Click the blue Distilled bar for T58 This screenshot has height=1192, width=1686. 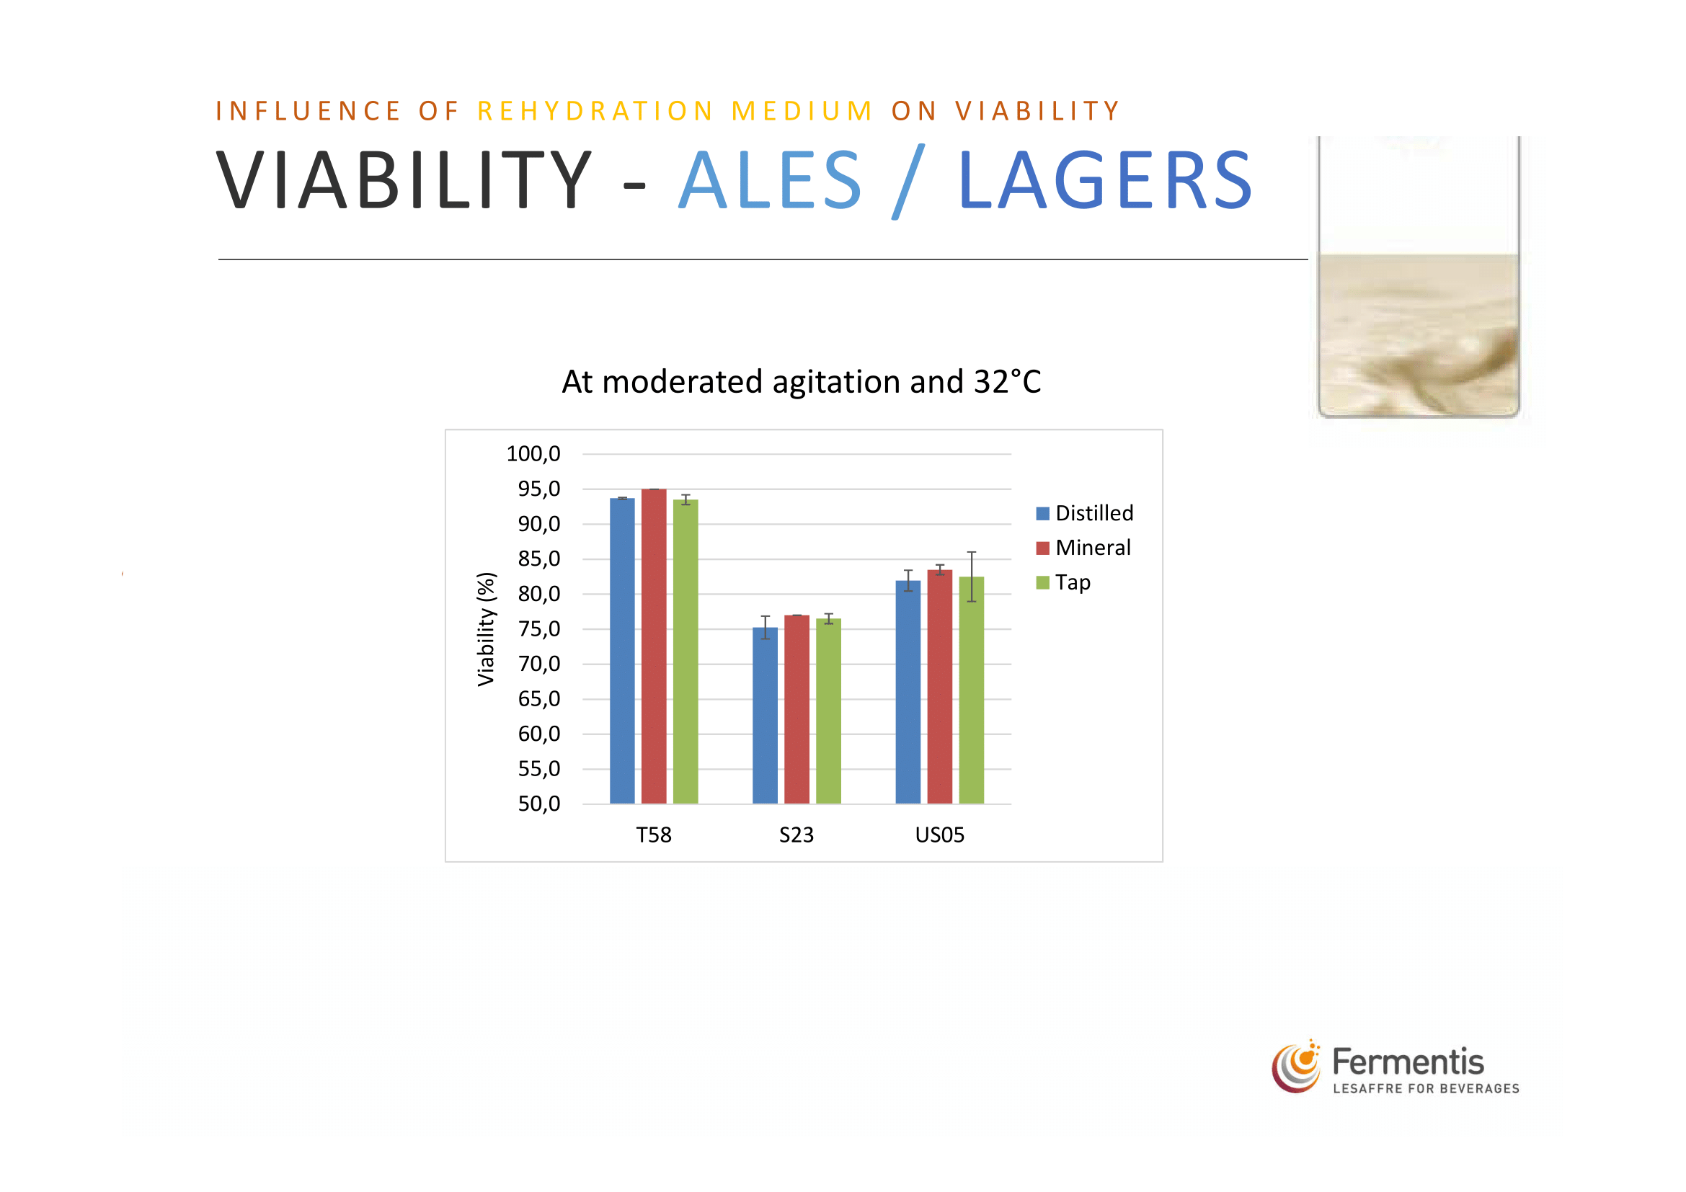(x=622, y=651)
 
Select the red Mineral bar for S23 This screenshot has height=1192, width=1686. (x=797, y=710)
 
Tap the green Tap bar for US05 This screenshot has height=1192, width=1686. (x=972, y=690)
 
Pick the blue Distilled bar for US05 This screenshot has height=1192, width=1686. (x=908, y=692)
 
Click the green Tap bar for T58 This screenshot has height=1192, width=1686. (x=686, y=651)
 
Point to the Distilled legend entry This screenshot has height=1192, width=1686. (x=1085, y=513)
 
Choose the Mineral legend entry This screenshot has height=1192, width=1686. (x=1083, y=548)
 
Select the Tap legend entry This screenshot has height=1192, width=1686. (x=1063, y=583)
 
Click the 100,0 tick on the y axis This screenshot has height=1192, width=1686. (x=534, y=453)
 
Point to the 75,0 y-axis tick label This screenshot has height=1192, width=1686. (x=539, y=629)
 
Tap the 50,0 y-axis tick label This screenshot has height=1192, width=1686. (x=539, y=804)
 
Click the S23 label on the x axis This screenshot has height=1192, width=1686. (x=797, y=835)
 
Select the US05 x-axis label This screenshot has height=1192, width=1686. (x=940, y=835)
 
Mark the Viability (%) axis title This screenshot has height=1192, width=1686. (x=486, y=629)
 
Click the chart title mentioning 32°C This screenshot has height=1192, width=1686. (x=801, y=382)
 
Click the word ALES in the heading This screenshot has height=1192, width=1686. (x=770, y=180)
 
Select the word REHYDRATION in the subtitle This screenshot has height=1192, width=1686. (x=595, y=111)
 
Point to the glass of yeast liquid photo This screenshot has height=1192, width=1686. (x=1419, y=277)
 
